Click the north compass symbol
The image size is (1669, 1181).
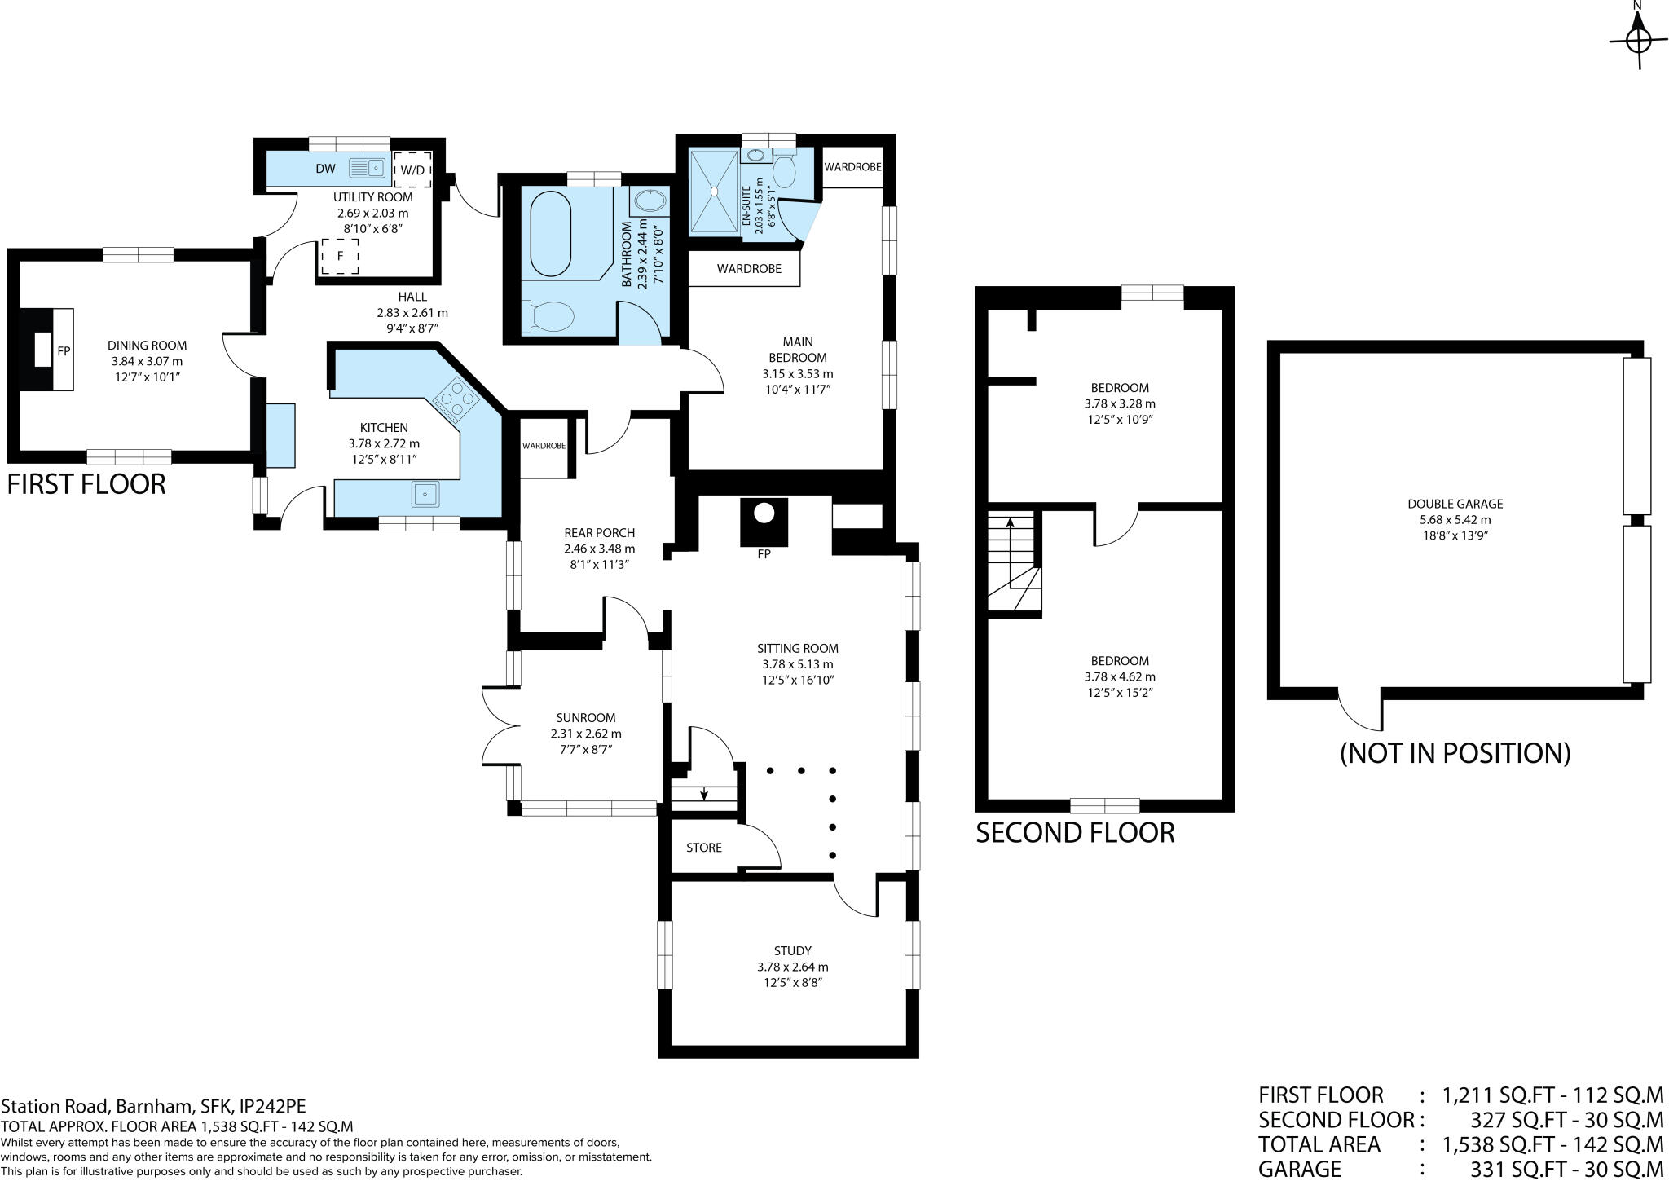1638,40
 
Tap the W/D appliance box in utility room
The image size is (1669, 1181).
412,170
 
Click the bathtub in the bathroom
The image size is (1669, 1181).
551,235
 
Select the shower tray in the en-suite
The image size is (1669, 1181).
714,191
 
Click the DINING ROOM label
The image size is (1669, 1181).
147,346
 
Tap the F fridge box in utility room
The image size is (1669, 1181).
340,257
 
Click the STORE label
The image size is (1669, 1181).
703,848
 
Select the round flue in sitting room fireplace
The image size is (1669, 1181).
764,513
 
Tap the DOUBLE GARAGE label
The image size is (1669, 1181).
1455,504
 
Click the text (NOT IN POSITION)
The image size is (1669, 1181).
1455,753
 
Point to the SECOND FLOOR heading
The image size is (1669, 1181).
1075,833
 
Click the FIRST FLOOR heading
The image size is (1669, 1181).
86,484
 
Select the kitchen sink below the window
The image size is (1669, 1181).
425,494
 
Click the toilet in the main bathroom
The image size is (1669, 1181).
548,316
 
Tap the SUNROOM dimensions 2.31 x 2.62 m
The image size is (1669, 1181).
586,734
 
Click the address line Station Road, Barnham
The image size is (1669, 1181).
153,1107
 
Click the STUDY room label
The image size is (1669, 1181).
792,951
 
